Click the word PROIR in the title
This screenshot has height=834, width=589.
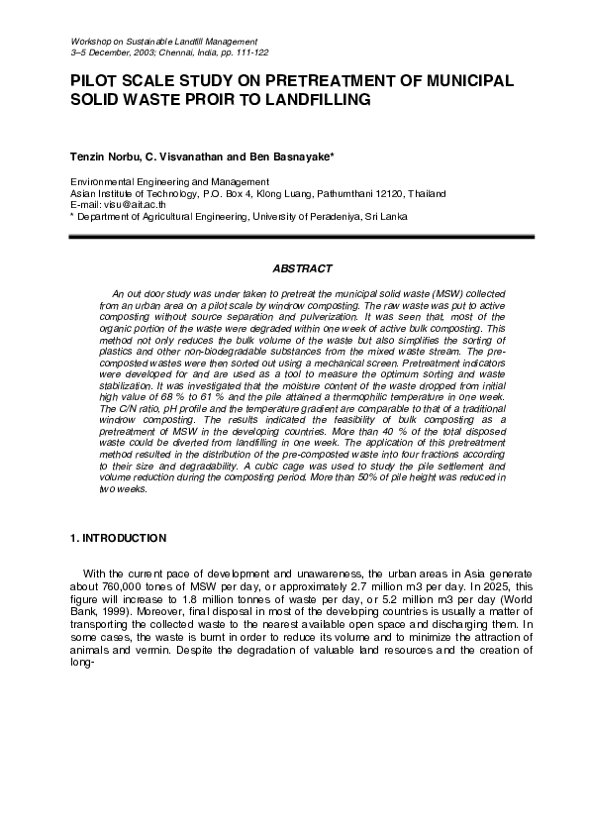(x=236, y=100)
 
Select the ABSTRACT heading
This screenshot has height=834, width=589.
(x=301, y=268)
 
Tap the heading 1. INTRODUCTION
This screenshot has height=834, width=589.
(x=118, y=538)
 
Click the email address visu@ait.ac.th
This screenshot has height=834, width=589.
(x=138, y=204)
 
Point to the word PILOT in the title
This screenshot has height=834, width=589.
(x=96, y=81)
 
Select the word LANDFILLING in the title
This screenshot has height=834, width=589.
(x=314, y=100)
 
